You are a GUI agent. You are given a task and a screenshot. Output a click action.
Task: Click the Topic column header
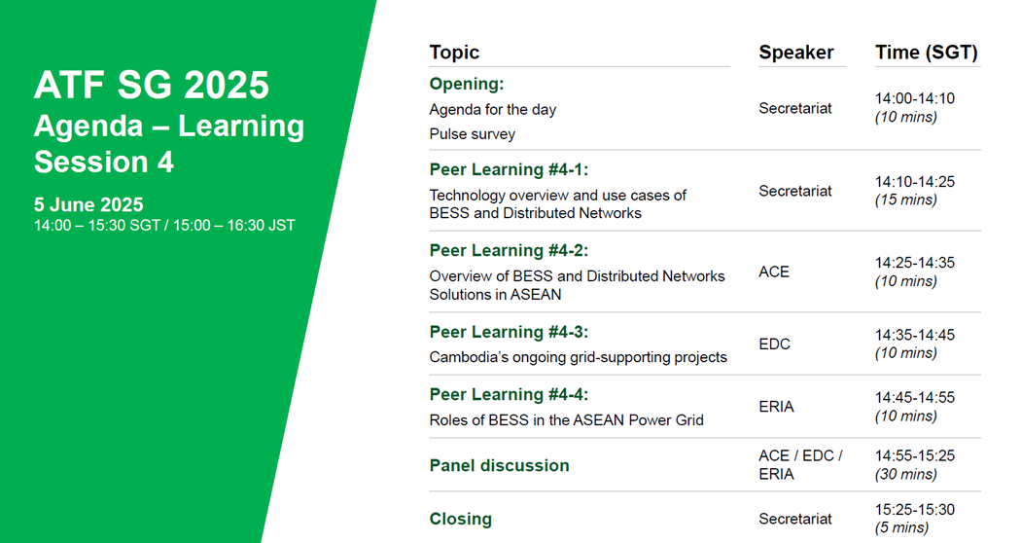[454, 53]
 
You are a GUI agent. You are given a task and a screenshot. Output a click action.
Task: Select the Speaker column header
[795, 53]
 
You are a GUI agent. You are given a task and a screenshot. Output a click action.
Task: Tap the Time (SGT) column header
[926, 53]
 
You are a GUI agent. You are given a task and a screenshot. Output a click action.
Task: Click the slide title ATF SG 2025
[151, 85]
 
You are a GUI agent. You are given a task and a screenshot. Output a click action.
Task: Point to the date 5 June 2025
[88, 204]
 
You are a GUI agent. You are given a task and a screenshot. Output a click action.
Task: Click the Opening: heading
[466, 84]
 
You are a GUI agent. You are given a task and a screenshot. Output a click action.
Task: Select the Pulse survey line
[472, 134]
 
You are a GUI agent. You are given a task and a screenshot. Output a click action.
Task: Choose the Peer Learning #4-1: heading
[509, 169]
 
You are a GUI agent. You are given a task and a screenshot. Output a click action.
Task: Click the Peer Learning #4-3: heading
[509, 332]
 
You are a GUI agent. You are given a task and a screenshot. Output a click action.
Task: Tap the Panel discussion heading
[500, 465]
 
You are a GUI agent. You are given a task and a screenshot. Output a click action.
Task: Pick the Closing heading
[460, 519]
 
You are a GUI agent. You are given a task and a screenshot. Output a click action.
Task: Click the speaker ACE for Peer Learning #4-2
[774, 271]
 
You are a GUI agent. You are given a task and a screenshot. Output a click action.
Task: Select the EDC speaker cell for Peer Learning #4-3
[774, 344]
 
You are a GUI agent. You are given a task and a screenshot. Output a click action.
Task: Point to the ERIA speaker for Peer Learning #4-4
[776, 407]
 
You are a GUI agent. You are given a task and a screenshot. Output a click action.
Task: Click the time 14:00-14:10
[915, 98]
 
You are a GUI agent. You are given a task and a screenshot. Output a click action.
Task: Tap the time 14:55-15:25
[915, 455]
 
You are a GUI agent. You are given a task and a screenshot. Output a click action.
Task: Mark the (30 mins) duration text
[905, 474]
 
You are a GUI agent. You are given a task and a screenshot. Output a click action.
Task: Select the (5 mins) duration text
[901, 527]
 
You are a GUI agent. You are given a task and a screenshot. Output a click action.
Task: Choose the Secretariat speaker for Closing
[795, 519]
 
